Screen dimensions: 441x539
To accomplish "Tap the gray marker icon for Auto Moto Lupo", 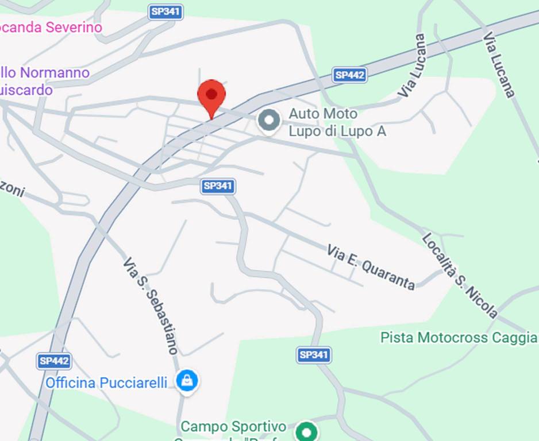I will coord(268,121).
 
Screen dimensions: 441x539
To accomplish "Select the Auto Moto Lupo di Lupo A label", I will coord(337,123).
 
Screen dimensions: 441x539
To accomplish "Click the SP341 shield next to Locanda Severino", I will coord(166,11).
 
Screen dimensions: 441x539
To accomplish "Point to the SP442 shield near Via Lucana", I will coord(349,75).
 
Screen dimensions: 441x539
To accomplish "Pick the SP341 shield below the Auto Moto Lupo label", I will coord(218,185).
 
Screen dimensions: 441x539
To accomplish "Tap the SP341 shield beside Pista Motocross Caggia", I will coord(314,355).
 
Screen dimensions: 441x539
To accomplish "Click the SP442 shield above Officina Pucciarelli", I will coord(55,361).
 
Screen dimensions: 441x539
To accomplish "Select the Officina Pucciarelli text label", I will coord(106,382).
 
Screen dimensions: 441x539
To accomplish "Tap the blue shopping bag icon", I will coord(187,380).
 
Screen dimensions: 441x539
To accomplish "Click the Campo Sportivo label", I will coord(233,427).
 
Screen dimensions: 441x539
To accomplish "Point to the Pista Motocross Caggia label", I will coord(458,337).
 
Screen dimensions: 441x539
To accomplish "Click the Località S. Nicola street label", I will coord(460,275).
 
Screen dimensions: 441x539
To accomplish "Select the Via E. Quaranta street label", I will coord(371,267).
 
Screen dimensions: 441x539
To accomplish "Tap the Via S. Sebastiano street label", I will coord(150,305).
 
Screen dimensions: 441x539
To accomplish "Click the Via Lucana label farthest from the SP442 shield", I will coord(499,64).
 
